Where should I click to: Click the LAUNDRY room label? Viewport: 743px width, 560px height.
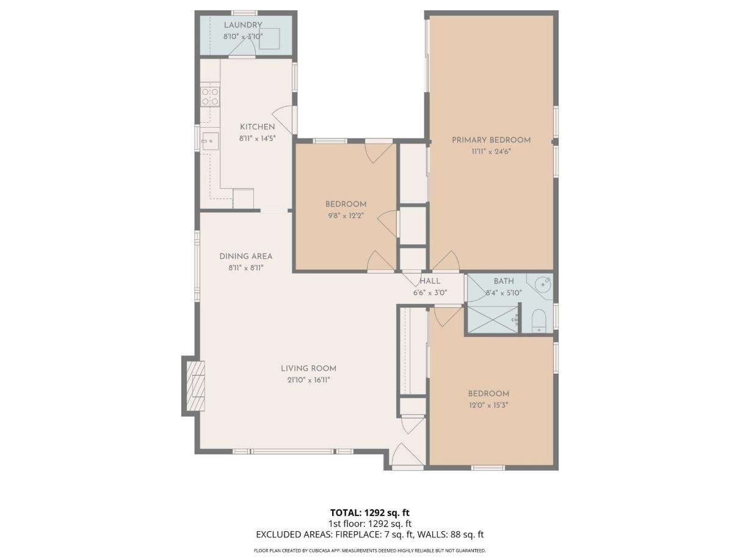click(x=243, y=25)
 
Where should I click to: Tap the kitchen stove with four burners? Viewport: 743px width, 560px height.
click(x=210, y=96)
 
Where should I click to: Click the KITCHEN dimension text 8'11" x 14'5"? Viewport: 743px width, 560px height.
click(x=257, y=138)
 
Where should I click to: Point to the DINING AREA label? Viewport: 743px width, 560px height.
click(x=245, y=256)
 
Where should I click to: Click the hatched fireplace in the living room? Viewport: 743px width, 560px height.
click(x=195, y=387)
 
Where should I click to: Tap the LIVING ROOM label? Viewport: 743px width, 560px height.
click(x=308, y=368)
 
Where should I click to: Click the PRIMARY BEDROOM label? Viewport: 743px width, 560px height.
click(x=491, y=140)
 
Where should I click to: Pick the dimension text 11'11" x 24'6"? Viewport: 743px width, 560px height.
click(x=491, y=151)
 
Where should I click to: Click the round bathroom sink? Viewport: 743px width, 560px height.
click(x=543, y=284)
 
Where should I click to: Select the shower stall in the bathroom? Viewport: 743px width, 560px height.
click(x=492, y=319)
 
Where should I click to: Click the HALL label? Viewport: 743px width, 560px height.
click(x=430, y=282)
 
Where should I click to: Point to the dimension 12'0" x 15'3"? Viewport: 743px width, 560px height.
click(x=488, y=405)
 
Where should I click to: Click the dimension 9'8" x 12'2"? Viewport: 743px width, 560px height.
click(x=346, y=216)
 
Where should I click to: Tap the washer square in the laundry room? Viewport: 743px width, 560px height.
click(x=270, y=38)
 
